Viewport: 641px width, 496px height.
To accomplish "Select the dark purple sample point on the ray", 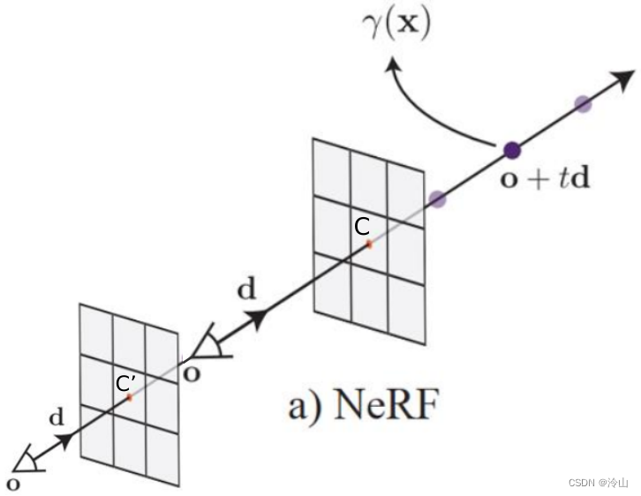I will click(512, 149).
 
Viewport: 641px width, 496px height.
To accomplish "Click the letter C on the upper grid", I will click(362, 227).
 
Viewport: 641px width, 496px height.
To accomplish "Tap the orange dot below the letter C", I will click(369, 244).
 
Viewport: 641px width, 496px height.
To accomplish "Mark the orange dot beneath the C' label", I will click(129, 398).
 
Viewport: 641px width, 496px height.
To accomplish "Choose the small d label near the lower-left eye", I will click(56, 417).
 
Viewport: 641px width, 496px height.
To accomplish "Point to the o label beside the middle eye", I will click(191, 372).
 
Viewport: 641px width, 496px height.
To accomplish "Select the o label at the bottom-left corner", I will click(11, 482).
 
